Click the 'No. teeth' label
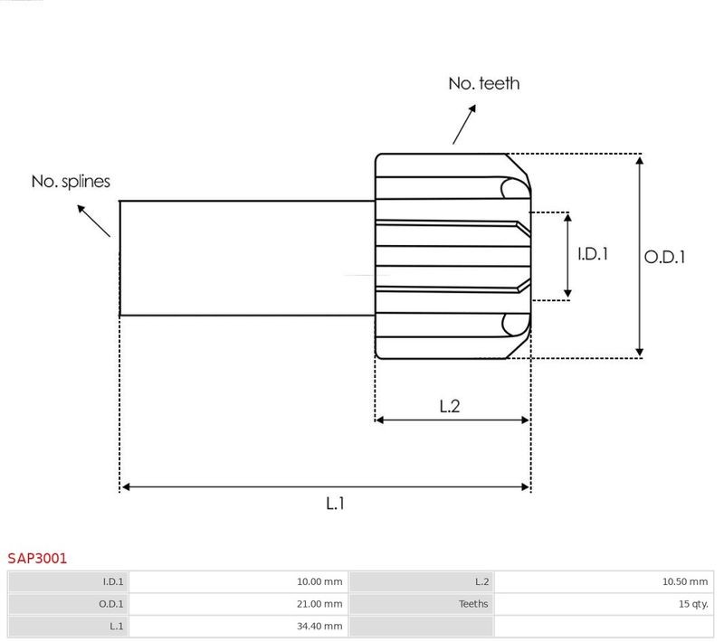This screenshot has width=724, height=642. click(484, 83)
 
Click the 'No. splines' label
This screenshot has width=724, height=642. click(71, 181)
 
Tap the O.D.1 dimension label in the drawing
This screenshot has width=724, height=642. click(664, 257)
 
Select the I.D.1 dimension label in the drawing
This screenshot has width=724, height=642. click(593, 254)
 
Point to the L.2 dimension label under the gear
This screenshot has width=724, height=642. click(450, 406)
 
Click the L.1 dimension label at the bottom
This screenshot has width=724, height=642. click(335, 503)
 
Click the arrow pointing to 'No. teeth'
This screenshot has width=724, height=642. click(464, 125)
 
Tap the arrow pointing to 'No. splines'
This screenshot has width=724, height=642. click(94, 221)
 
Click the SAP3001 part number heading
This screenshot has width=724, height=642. click(37, 559)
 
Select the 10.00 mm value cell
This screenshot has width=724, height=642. click(238, 581)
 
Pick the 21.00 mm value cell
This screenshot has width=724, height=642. click(238, 604)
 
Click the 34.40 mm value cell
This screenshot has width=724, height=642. click(238, 626)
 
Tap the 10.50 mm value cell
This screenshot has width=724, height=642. click(604, 581)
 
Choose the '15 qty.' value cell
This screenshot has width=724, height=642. click(604, 604)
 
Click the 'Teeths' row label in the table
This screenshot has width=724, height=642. click(473, 604)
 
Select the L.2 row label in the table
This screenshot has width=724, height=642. click(482, 581)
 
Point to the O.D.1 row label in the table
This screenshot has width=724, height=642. click(110, 604)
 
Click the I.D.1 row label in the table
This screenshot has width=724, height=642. click(113, 581)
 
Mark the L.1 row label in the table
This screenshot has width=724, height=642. click(117, 626)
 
